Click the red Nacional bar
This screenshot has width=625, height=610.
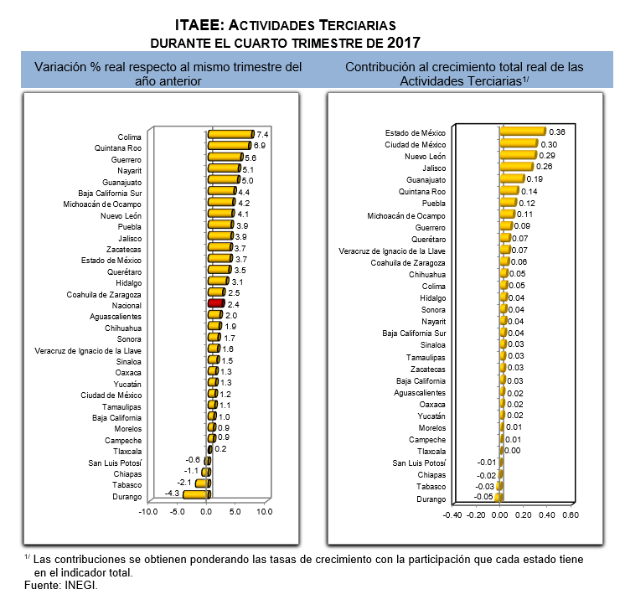tap(216, 303)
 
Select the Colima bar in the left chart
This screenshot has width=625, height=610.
tap(231, 134)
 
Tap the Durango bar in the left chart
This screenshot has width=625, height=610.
tap(197, 494)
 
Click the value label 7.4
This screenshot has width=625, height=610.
tap(262, 134)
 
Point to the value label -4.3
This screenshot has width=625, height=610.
tap(173, 494)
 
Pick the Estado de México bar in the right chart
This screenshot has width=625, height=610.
tap(523, 132)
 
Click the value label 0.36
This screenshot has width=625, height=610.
tap(557, 132)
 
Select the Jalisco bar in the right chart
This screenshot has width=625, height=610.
tap(517, 166)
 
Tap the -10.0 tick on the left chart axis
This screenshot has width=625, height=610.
tap(148, 511)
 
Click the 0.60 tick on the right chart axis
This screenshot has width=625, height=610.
tap(571, 514)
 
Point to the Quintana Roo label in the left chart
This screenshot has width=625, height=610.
tap(118, 148)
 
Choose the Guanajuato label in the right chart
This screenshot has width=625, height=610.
tap(426, 180)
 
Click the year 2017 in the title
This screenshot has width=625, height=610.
tap(403, 43)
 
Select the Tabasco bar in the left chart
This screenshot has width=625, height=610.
tap(203, 483)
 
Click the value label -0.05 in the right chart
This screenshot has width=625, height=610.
tap(483, 497)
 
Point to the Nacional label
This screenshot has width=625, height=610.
tap(127, 305)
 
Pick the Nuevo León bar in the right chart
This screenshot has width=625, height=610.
tap(519, 155)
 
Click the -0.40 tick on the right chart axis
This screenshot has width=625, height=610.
tap(452, 514)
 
